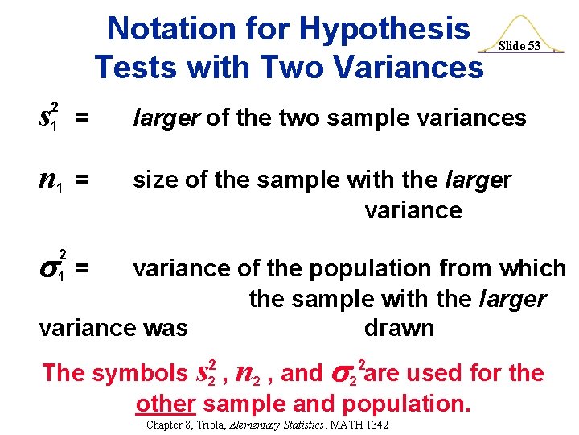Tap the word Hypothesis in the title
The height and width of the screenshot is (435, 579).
(384, 30)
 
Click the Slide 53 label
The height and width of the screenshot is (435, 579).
(519, 46)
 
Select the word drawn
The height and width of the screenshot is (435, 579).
(399, 328)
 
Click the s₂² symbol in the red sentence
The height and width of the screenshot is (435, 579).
(207, 371)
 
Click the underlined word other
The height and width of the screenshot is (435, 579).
(166, 403)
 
